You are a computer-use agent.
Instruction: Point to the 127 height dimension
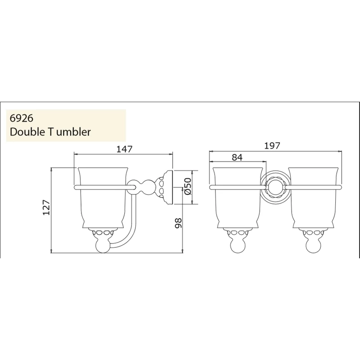45,208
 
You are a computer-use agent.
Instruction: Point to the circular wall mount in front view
274,186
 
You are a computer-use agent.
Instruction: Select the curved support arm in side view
128,229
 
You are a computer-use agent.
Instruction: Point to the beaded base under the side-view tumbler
103,233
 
